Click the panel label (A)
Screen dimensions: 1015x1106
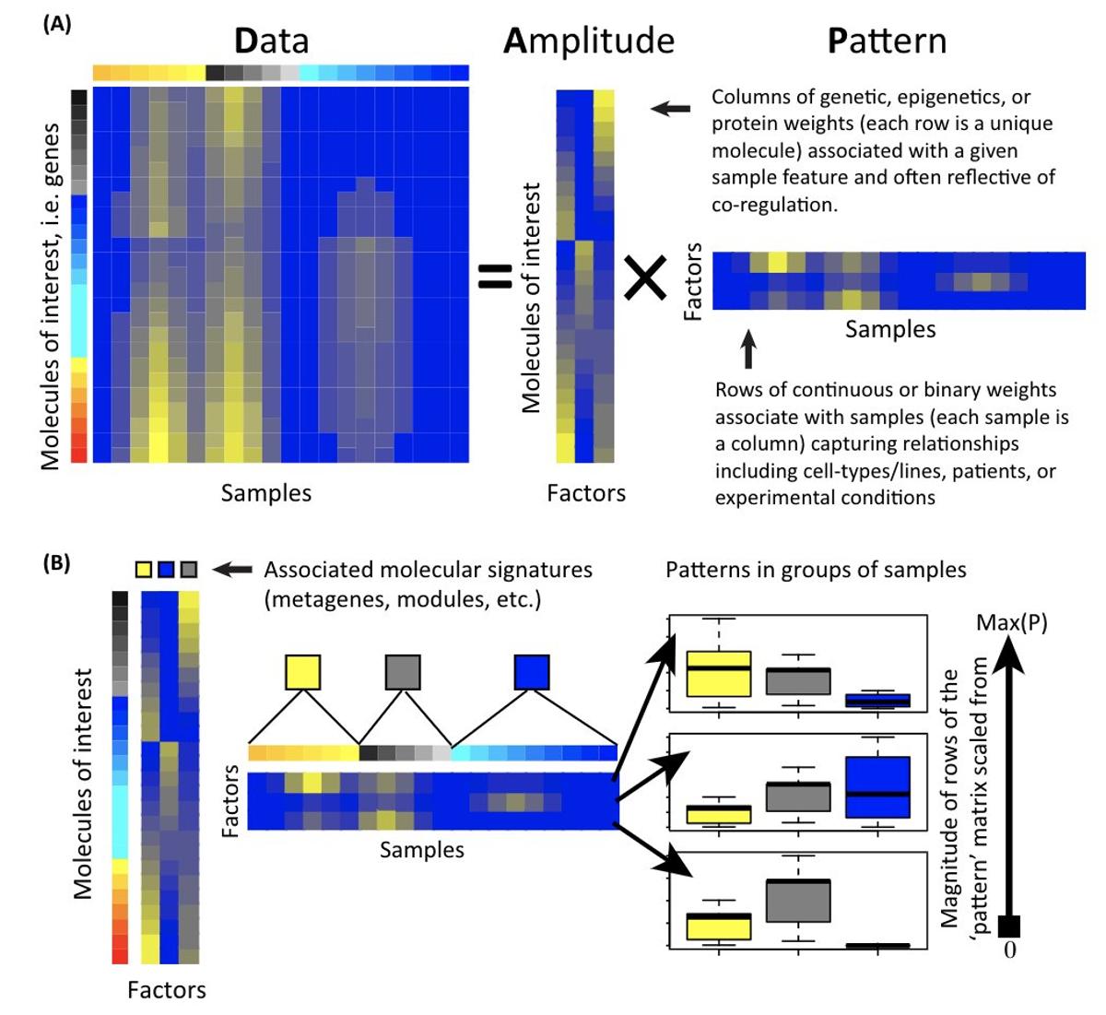click(x=57, y=25)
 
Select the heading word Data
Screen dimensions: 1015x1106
click(x=271, y=41)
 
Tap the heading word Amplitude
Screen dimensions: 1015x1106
click(x=588, y=41)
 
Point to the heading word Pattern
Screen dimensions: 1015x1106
click(x=887, y=41)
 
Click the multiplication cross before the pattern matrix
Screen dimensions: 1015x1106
click(x=645, y=277)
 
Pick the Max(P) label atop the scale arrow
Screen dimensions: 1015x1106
click(x=1011, y=623)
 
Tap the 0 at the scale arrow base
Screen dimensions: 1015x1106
click(x=1009, y=950)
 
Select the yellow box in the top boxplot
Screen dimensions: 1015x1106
click(x=719, y=673)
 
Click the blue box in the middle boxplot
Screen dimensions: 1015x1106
click(x=877, y=786)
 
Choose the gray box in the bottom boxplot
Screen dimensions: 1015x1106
click(x=798, y=901)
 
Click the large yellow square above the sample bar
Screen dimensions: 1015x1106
click(x=303, y=672)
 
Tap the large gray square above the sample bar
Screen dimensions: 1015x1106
click(x=403, y=672)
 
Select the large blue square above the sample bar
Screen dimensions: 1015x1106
click(x=532, y=672)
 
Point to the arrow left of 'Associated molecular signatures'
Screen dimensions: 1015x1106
click(x=231, y=570)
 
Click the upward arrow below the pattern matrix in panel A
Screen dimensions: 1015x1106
click(x=748, y=351)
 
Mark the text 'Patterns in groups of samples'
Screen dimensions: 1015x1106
click(x=816, y=570)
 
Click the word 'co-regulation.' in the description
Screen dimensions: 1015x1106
click(x=774, y=205)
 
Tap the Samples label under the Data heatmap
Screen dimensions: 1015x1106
click(x=265, y=493)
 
